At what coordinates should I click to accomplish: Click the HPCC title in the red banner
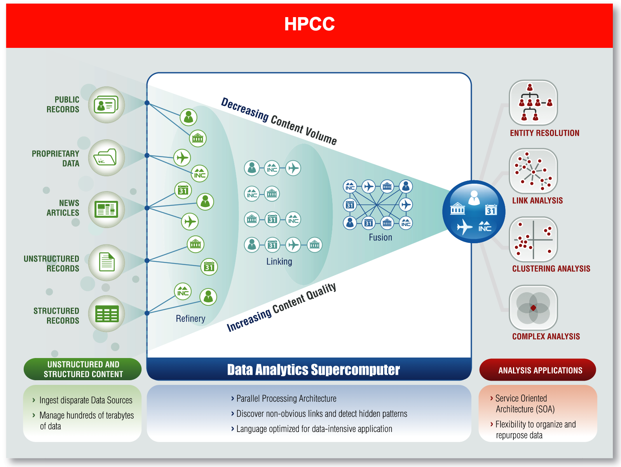[x=309, y=24]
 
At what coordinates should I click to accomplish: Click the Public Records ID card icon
[x=106, y=105]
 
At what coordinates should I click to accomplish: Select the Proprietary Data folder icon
[x=106, y=158]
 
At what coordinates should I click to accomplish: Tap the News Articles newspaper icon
[x=106, y=209]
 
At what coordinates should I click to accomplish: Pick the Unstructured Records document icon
[x=106, y=262]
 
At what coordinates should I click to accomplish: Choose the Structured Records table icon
[x=106, y=314]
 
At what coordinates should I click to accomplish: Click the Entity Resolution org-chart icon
[x=533, y=103]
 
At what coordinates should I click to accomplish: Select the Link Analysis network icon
[x=533, y=171]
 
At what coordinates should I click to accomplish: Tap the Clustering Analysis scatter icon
[x=533, y=239]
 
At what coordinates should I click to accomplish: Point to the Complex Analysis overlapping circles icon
[x=533, y=307]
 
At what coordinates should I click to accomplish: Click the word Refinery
[x=190, y=319]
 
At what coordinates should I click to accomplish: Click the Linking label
[x=279, y=262]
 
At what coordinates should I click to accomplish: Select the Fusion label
[x=380, y=237]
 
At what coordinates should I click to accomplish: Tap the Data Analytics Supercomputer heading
[x=313, y=370]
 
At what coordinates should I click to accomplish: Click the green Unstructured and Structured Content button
[x=83, y=369]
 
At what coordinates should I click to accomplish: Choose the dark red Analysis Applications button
[x=538, y=370]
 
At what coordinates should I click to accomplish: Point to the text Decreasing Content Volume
[x=279, y=121]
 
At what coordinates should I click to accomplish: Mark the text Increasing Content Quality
[x=281, y=307]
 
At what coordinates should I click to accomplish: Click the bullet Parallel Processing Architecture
[x=286, y=399]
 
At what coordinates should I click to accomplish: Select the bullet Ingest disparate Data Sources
[x=85, y=400]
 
